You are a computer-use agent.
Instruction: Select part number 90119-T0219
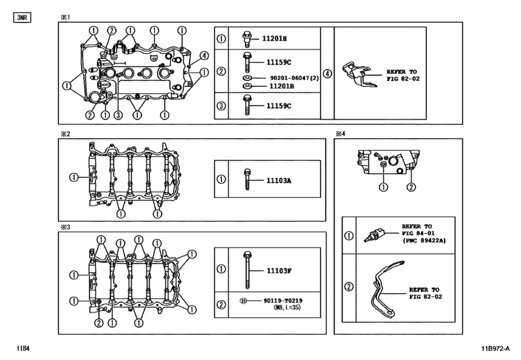283,300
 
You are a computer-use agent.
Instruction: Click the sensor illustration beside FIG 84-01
373,235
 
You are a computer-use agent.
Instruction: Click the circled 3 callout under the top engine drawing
118,116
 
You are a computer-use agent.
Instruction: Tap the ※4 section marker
340,134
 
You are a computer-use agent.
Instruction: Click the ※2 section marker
64,134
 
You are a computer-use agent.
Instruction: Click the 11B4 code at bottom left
23,349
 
